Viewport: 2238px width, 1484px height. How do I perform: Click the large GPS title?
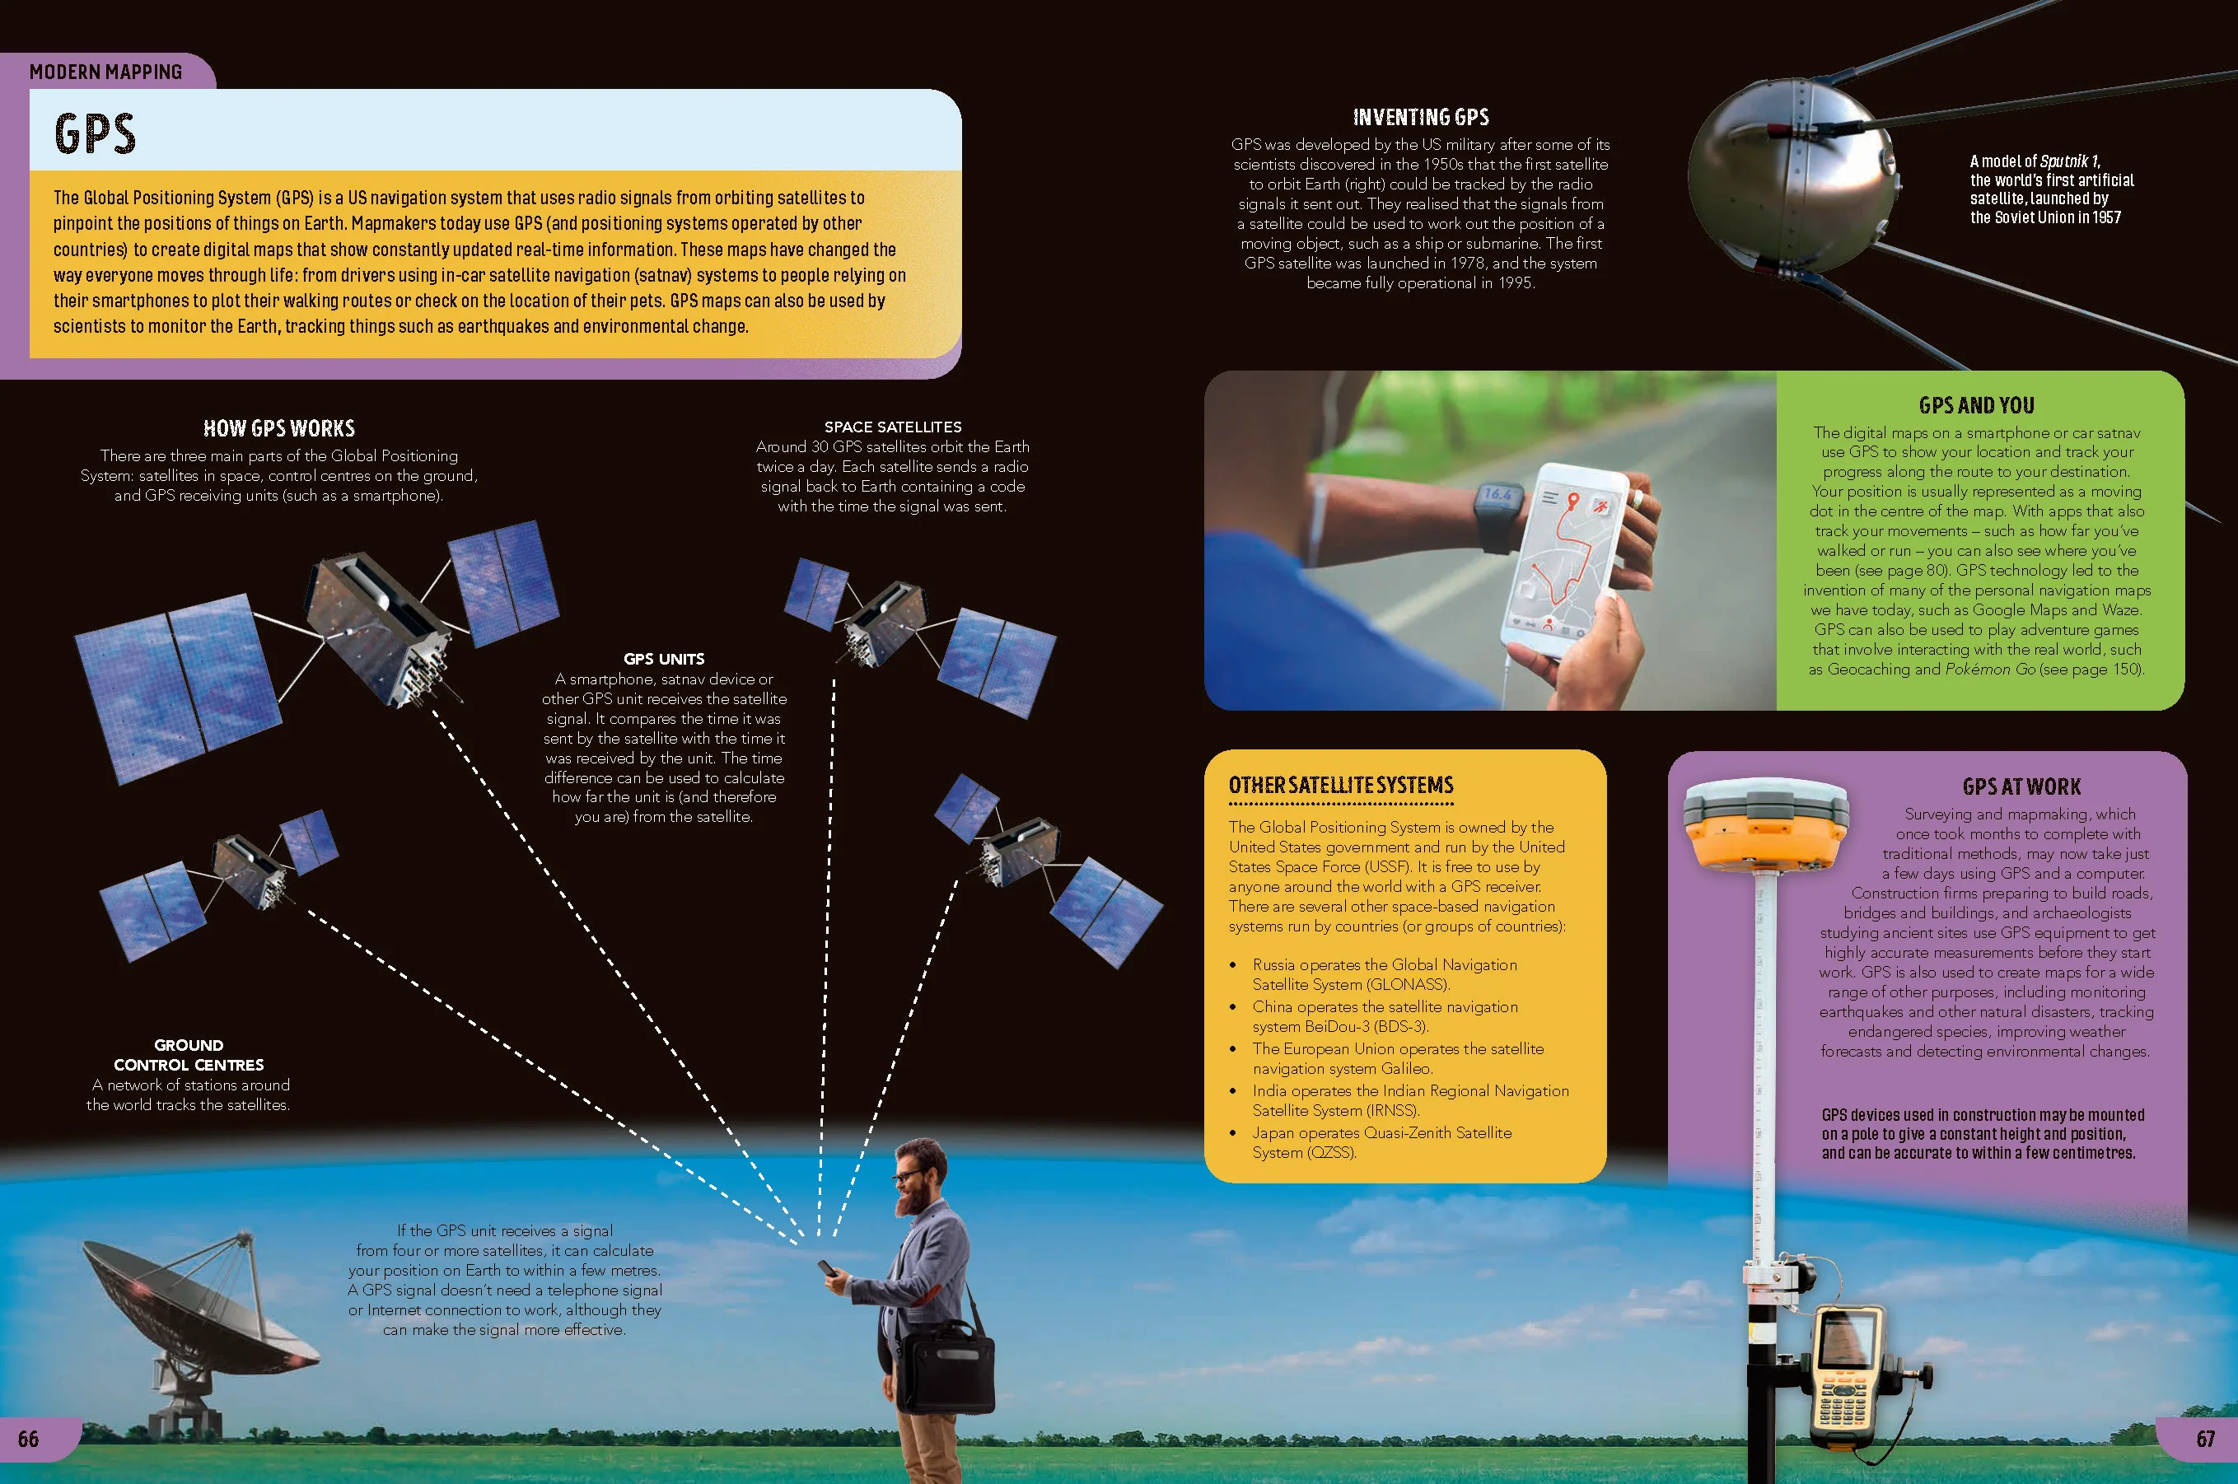pyautogui.click(x=95, y=133)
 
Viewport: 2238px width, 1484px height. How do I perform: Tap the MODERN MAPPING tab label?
pyautogui.click(x=106, y=72)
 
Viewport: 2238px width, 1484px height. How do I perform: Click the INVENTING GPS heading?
pyautogui.click(x=1421, y=118)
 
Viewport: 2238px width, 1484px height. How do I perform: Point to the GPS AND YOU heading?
pyautogui.click(x=1977, y=405)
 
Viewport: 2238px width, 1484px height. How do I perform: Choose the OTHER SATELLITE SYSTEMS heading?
pyautogui.click(x=1340, y=785)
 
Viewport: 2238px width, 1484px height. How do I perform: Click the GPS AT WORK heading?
pyautogui.click(x=2022, y=786)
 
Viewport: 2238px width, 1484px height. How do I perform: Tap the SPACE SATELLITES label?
pyautogui.click(x=893, y=427)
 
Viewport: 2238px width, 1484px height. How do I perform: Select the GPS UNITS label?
pyautogui.click(x=664, y=659)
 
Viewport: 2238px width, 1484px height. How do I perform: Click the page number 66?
pyautogui.click(x=28, y=1440)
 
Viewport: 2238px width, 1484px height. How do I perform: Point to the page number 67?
pyautogui.click(x=2206, y=1440)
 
